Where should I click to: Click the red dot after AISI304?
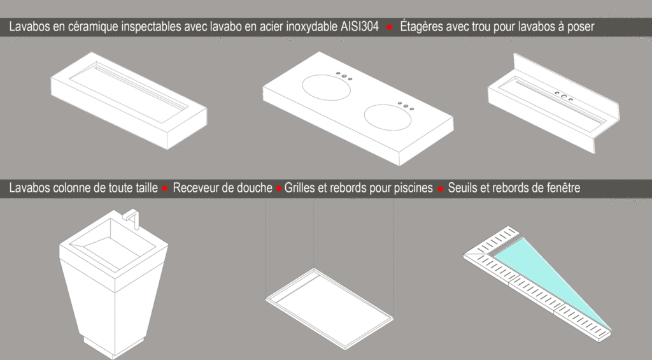(390, 27)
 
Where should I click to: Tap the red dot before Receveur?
(165, 189)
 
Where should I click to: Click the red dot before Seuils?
(441, 189)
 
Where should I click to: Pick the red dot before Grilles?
(279, 189)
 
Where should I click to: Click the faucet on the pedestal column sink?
(132, 217)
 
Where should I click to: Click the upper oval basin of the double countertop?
(327, 87)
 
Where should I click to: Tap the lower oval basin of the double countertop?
(388, 117)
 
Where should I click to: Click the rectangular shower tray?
(329, 308)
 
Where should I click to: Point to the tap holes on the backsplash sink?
(564, 96)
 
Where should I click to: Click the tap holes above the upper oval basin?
(344, 76)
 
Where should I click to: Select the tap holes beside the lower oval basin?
(406, 106)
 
